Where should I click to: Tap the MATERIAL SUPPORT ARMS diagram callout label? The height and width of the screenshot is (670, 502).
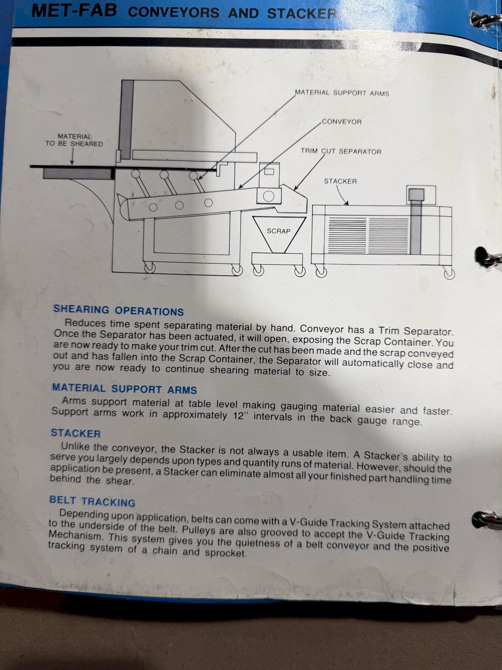[x=342, y=93]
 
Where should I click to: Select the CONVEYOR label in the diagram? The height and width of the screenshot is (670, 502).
[x=341, y=122]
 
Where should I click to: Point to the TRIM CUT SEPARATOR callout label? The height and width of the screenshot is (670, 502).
[x=341, y=151]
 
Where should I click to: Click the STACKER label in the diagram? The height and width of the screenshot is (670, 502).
[x=340, y=181]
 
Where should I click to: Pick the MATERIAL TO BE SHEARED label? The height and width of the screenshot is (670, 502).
[x=74, y=140]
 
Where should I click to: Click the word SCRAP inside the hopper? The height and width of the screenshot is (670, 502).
[x=279, y=231]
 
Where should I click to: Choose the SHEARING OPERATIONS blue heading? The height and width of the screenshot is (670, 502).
[x=119, y=310]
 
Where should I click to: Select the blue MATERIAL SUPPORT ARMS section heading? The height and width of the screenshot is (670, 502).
[x=124, y=389]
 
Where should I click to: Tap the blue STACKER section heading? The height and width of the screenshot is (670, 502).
[x=76, y=433]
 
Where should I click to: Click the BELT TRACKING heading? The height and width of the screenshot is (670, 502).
[x=92, y=501]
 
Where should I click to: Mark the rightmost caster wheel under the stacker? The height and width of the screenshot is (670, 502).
[x=449, y=274]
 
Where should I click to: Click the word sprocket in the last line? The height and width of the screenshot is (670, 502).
[x=226, y=552]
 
